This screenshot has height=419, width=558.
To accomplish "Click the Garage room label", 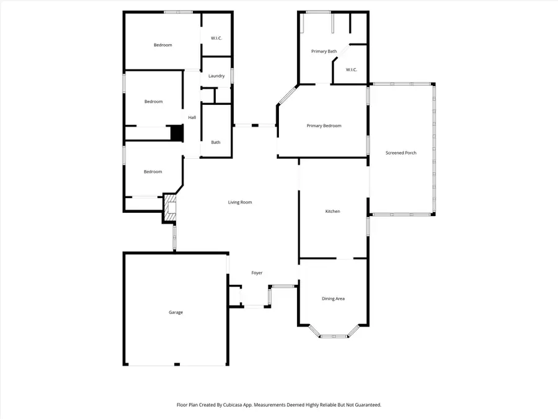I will tap(175, 312).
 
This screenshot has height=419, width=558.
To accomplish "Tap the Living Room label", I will tap(240, 202).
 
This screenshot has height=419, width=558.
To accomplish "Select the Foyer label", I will tap(257, 273).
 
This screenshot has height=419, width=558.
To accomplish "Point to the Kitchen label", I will tap(333, 212).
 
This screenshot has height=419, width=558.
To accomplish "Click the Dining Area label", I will tap(333, 299).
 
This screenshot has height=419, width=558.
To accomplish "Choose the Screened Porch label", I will tap(401, 153).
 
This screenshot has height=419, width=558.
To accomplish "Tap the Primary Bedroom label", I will tap(324, 126).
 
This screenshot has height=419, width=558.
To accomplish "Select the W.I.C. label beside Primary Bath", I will tap(351, 70).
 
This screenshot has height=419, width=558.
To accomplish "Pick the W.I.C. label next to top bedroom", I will tap(216, 38).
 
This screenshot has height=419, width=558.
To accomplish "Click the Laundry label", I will tap(216, 76).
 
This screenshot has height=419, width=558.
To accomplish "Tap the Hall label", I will tap(192, 117).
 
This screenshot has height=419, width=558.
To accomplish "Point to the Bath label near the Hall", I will tap(216, 142).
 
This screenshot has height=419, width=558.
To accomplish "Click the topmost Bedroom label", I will tap(162, 45).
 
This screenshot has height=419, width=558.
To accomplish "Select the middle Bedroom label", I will tap(153, 102).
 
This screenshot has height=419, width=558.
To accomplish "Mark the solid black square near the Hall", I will tap(177, 133).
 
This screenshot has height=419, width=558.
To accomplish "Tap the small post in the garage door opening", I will tap(177, 364).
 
